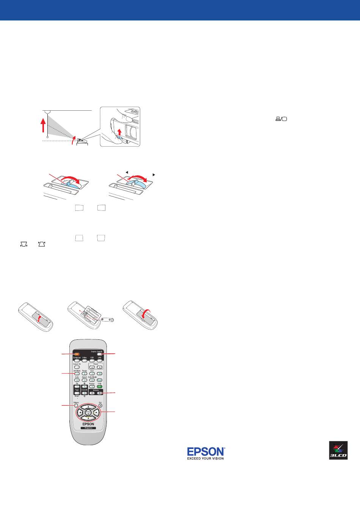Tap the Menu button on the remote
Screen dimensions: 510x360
(x=76, y=406)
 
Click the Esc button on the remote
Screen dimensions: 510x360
(x=100, y=405)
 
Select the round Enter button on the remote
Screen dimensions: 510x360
(x=88, y=412)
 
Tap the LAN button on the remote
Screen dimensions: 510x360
(x=100, y=361)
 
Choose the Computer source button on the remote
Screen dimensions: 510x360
(x=77, y=361)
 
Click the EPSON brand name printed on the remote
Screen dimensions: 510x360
(x=88, y=424)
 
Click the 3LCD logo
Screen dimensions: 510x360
(x=338, y=450)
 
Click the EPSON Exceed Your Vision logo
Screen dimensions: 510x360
(x=206, y=453)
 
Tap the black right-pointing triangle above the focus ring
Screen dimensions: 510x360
(x=154, y=174)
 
